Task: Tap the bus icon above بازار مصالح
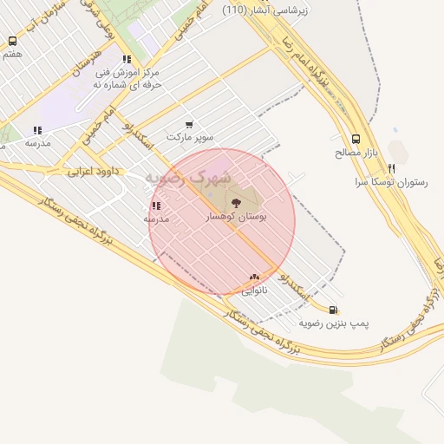tap(356, 139)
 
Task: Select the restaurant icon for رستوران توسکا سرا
tap(392, 168)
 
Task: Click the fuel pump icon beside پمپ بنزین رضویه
tap(333, 309)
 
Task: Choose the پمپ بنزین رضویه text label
tap(334, 323)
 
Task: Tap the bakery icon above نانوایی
tap(254, 277)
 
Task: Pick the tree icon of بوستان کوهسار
tap(236, 203)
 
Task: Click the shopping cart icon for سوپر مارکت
tap(189, 124)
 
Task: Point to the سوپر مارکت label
tap(189, 137)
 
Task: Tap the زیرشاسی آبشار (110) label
tap(265, 10)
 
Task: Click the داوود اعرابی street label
tap(91, 172)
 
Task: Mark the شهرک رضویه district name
tap(188, 179)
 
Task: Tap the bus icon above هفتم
tap(12, 41)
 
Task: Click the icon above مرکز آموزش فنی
tap(127, 60)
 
